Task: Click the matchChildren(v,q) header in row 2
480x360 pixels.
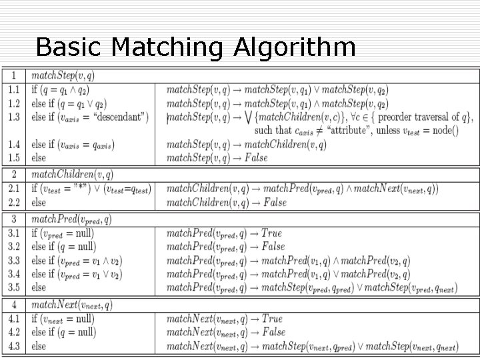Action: tap(72, 175)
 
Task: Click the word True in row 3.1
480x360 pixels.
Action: tap(271, 233)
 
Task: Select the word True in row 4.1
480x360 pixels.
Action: tap(271, 319)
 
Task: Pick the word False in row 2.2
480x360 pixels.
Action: tap(274, 203)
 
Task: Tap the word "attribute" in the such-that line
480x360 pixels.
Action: tap(347, 131)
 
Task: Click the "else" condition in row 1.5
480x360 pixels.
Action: tap(39, 159)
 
